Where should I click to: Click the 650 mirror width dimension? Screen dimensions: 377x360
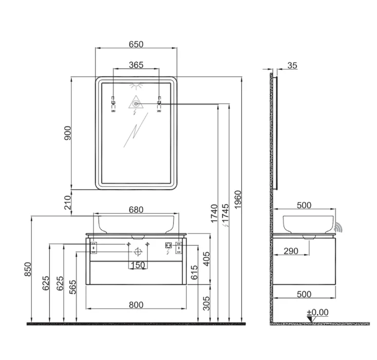(x=136, y=44)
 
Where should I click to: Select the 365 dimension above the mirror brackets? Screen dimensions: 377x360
(x=136, y=65)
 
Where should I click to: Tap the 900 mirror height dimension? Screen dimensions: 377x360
(x=68, y=133)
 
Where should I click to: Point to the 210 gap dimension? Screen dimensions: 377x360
(x=68, y=202)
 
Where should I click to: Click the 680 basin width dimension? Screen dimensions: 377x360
(x=136, y=210)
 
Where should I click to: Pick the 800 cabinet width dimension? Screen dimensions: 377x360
(x=136, y=305)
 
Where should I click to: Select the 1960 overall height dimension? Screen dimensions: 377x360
(x=237, y=200)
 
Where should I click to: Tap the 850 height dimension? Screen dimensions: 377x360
(x=28, y=269)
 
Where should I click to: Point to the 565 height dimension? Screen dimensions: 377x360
(x=72, y=287)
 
